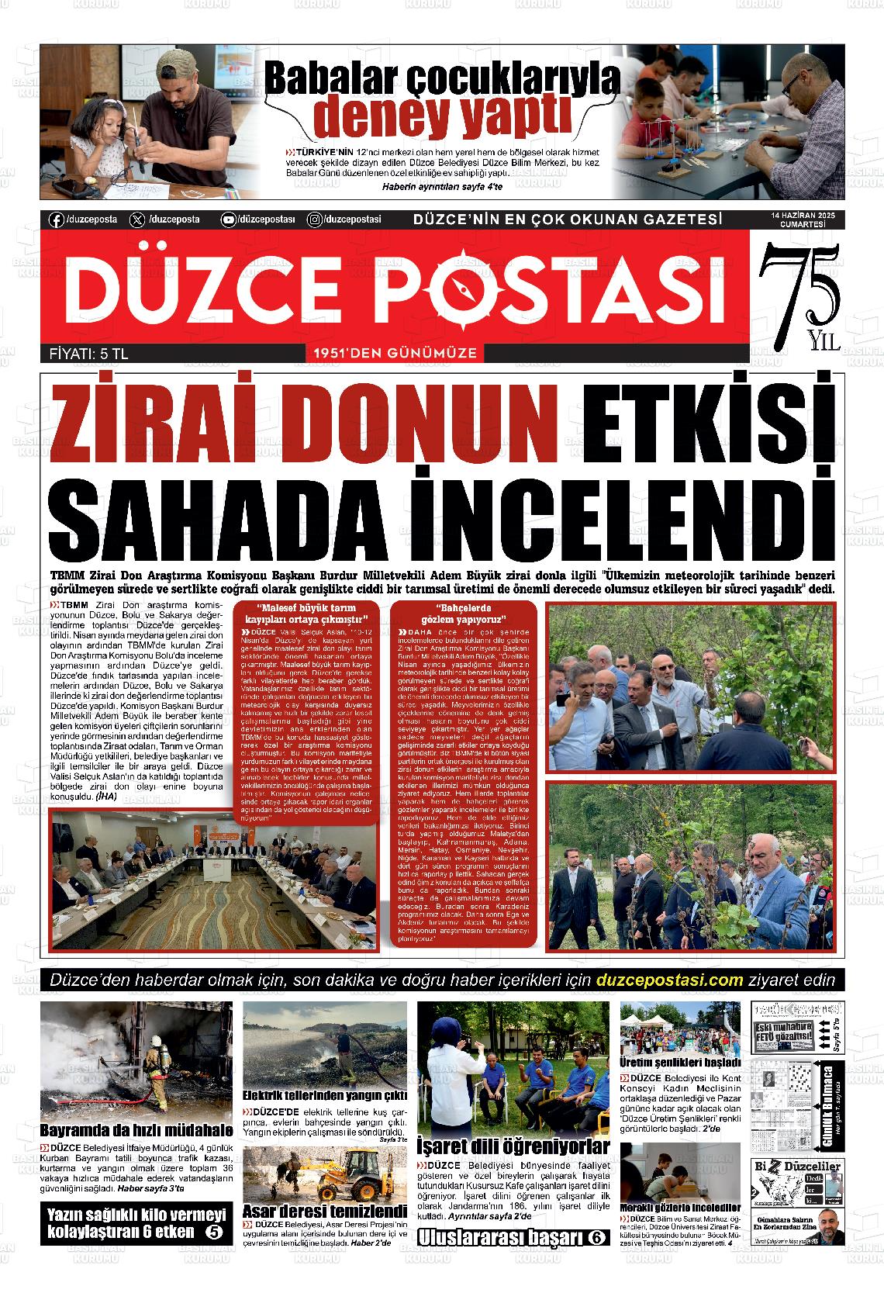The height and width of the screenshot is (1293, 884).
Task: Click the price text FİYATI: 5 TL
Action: point(84,354)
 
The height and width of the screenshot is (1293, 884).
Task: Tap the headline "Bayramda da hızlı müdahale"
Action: point(136,1130)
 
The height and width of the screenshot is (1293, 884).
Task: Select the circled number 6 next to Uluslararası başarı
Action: point(596,1238)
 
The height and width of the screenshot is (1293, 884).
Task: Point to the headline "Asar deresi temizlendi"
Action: point(324,1212)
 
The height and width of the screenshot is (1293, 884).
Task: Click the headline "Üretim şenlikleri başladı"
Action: point(680,1062)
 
